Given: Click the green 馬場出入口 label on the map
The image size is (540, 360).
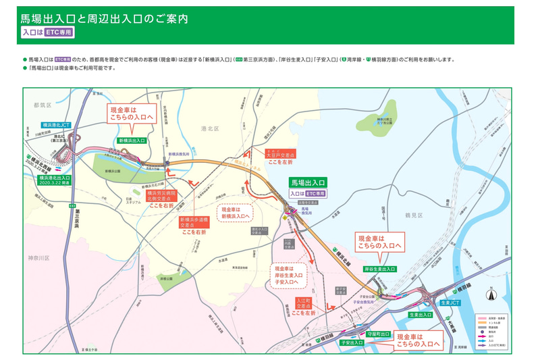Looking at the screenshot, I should (x=308, y=182).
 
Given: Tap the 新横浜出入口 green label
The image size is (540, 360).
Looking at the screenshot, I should (x=132, y=140).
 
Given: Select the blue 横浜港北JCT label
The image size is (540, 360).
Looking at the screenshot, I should (x=56, y=125).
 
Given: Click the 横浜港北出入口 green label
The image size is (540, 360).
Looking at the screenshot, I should (x=55, y=178).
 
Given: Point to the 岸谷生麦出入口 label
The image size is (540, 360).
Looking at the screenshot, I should (x=379, y=269).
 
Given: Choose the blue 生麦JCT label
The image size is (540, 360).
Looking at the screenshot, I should (x=450, y=303).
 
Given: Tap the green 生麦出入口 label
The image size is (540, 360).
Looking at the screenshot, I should (x=421, y=315).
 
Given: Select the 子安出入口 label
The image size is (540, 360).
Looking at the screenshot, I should (x=352, y=342).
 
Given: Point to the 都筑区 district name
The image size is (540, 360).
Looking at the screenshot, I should (x=42, y=105).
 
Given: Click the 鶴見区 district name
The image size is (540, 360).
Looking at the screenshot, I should (x=413, y=215).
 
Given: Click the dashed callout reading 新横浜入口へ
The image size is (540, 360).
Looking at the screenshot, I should (x=236, y=213).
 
